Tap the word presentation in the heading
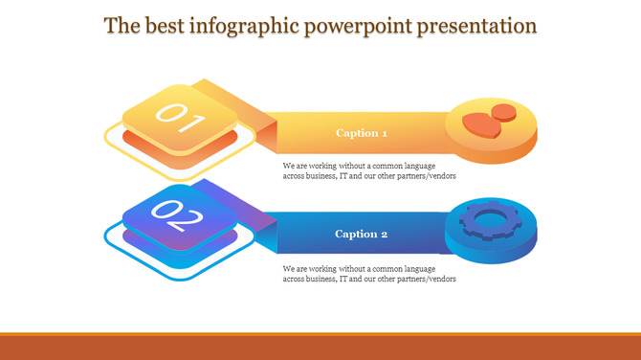point(475,26)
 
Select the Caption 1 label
point(362,133)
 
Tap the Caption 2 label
point(362,234)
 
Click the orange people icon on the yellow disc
point(489,120)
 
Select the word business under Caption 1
point(318,176)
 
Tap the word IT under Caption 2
point(343,279)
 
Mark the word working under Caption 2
point(321,268)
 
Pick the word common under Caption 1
point(384,166)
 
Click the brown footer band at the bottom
point(320,347)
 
